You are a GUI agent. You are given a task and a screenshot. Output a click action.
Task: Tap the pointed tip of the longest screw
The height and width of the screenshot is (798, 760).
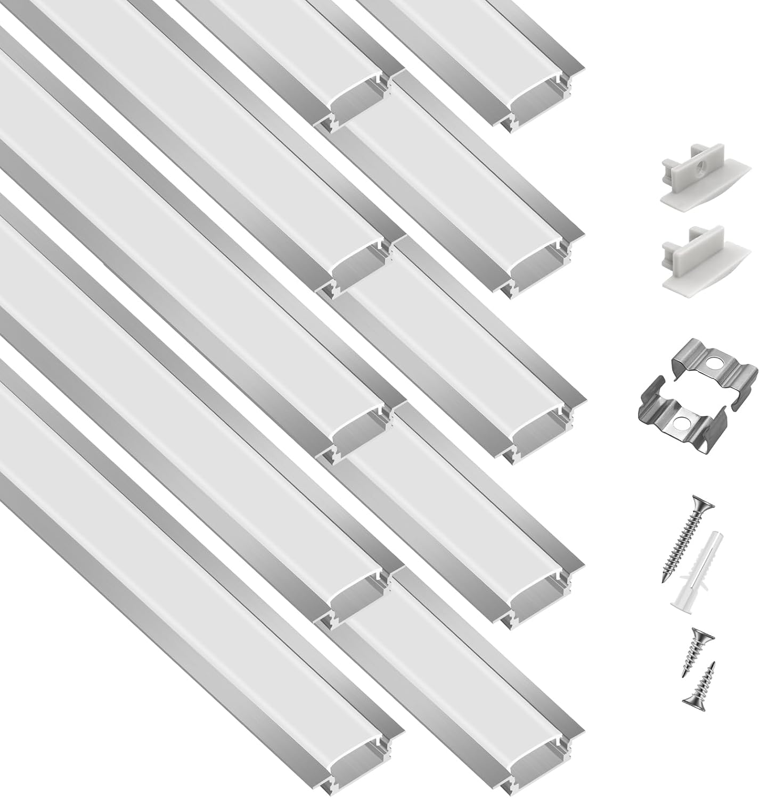(x=666, y=579)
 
